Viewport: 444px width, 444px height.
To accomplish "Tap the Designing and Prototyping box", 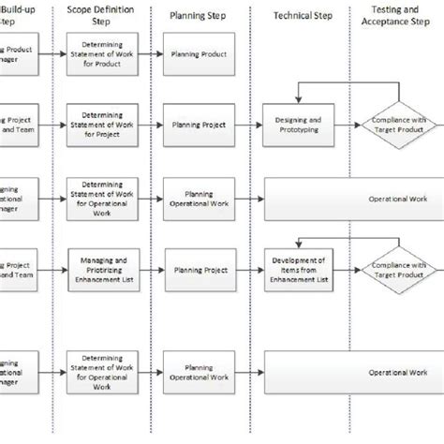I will point(299,126).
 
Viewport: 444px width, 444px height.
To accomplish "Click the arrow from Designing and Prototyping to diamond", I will point(347,126).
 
